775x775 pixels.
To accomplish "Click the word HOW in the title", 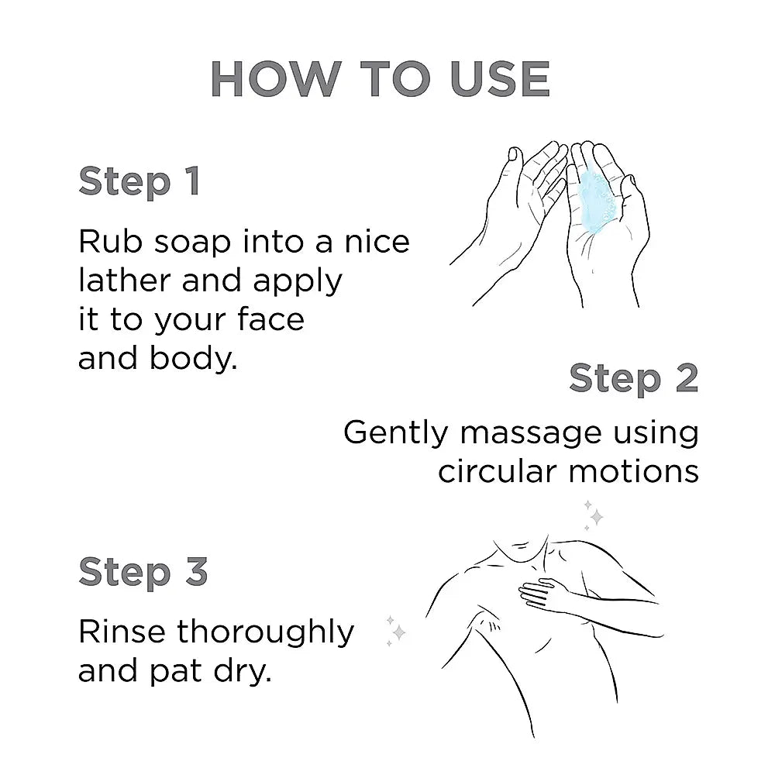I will pyautogui.click(x=276, y=79).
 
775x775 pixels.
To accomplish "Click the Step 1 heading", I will pyautogui.click(x=139, y=181).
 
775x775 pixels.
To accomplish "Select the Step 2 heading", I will pyautogui.click(x=633, y=378).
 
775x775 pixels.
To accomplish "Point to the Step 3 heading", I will pyautogui.click(x=143, y=572).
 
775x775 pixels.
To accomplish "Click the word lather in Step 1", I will pyautogui.click(x=125, y=281).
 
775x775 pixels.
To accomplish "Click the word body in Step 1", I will pyautogui.click(x=197, y=359).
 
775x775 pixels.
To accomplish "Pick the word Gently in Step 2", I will pyautogui.click(x=395, y=432).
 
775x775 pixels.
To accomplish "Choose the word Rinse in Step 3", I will pyautogui.click(x=122, y=632).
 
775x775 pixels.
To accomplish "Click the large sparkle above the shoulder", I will pyautogui.click(x=595, y=515).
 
